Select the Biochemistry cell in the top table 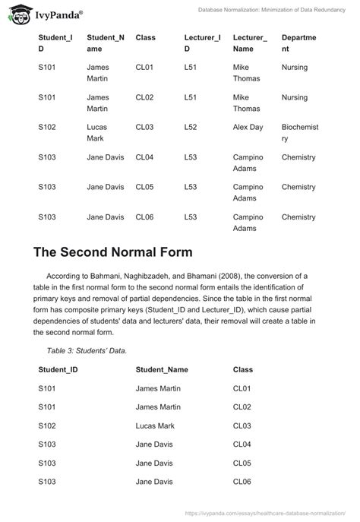[299, 133]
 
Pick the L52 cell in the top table [191, 127]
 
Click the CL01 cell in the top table [144, 68]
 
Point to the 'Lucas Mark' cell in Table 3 [155, 426]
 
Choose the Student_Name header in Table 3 [162, 369]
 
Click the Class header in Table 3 [243, 369]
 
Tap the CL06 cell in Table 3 [243, 482]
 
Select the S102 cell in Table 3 [47, 426]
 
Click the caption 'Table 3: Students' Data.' [87, 350]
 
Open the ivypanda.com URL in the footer [270, 513]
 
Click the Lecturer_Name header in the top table [250, 43]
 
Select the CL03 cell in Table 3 [243, 426]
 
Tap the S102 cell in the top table [47, 127]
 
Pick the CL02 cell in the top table [144, 97]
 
